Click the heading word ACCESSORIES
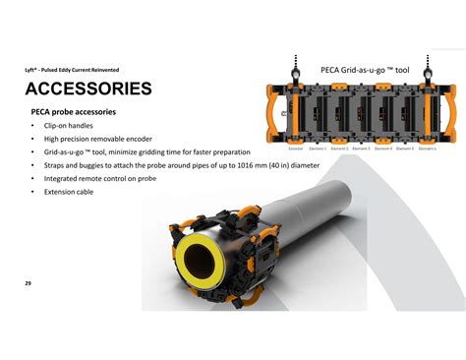click(x=88, y=90)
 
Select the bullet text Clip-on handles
click(x=68, y=126)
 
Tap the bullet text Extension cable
click(x=68, y=193)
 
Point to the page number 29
click(x=29, y=283)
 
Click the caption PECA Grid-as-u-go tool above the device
click(x=365, y=71)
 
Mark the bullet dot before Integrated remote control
click(x=33, y=180)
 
